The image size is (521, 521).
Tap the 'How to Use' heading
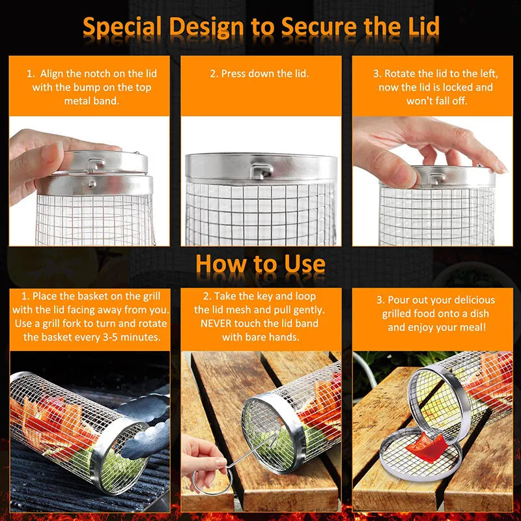click(260, 264)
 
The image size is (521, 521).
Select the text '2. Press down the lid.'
click(259, 74)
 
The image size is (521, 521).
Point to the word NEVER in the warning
click(219, 324)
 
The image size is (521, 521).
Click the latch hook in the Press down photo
click(262, 171)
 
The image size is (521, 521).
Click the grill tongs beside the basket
click(147, 430)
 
